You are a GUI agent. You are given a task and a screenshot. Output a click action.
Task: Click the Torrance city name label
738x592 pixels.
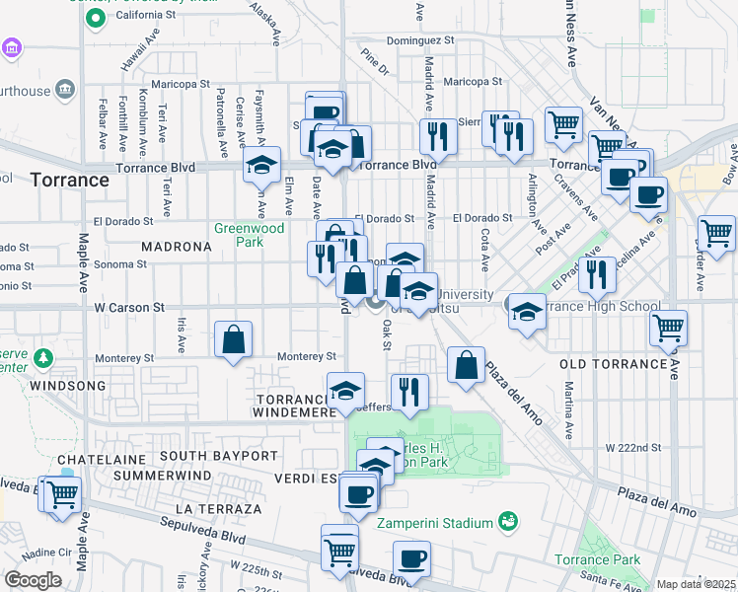[69, 181]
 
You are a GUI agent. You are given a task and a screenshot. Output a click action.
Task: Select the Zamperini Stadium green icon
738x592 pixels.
[508, 520]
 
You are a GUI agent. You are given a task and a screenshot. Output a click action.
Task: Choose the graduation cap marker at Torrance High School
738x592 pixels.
[527, 312]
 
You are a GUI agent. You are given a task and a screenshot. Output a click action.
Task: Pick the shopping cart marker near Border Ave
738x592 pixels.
[715, 234]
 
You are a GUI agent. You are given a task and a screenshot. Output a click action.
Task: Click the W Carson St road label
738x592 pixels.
[128, 308]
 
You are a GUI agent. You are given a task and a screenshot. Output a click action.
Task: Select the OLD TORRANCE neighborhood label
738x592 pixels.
[614, 364]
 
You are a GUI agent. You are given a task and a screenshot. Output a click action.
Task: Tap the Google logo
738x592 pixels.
[33, 580]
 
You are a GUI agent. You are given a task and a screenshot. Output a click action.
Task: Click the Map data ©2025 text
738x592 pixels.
[695, 584]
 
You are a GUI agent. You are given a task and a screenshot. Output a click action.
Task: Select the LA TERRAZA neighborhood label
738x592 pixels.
[219, 508]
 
